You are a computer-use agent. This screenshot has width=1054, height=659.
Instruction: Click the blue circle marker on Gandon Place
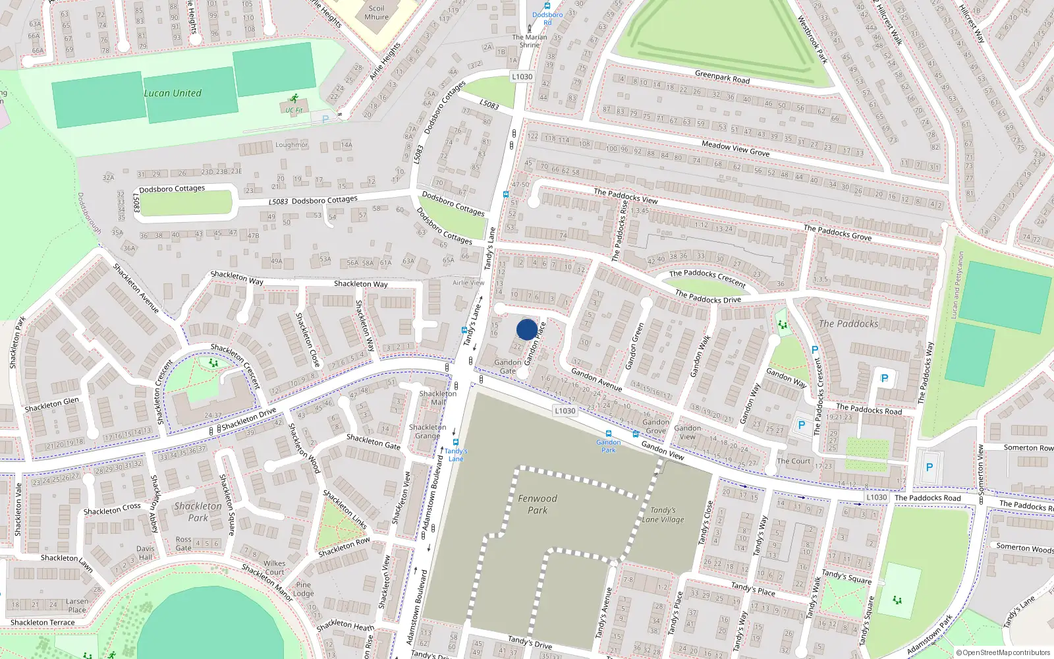coord(526,329)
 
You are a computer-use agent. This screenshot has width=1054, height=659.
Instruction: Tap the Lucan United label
coord(173,93)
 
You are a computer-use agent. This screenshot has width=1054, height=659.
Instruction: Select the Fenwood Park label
coord(537,504)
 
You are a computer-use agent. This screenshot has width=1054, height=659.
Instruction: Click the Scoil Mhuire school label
coord(376,13)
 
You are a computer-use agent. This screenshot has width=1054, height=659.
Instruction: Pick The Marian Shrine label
coord(530,41)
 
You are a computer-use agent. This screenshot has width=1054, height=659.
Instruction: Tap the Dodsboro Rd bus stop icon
coord(547,6)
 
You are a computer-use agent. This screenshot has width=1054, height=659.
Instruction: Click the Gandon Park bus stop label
coord(608,446)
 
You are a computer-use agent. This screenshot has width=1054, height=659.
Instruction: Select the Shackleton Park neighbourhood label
coord(198,512)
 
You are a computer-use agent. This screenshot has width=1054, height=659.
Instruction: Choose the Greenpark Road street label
coord(722,77)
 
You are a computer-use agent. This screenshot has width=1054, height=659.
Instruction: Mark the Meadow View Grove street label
coord(735,148)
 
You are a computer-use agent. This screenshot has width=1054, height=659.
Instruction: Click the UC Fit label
coord(294,110)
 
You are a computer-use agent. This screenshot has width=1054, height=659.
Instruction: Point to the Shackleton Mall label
coord(437,398)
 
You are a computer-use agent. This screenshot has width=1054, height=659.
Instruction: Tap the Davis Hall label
coord(145,552)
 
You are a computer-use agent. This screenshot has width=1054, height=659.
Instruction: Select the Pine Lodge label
coord(303,588)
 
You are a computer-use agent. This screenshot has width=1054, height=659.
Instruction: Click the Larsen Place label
coord(76,605)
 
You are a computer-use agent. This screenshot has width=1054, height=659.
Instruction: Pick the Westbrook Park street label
coord(812,40)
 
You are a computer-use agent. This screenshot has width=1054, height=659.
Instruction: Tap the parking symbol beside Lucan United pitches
coord(324,119)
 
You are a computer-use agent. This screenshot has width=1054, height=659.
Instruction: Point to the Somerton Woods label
coord(1024,548)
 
